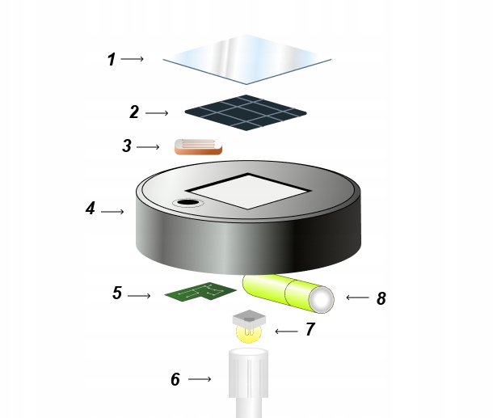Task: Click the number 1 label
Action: (112, 59)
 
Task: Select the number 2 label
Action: (134, 112)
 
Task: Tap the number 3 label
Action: (127, 146)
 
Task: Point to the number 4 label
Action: (91, 209)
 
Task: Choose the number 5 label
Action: (117, 293)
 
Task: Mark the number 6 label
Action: (175, 379)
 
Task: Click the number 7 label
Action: (310, 330)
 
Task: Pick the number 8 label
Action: (381, 299)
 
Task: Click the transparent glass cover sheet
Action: (247, 59)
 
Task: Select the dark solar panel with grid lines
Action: (245, 112)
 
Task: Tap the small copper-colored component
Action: (198, 146)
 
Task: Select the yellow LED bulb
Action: (250, 331)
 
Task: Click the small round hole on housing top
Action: (188, 202)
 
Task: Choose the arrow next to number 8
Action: (357, 298)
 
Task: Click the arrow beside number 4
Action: (112, 212)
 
